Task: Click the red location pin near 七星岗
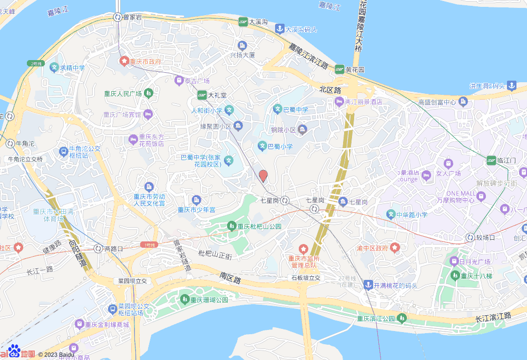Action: pyautogui.click(x=263, y=176)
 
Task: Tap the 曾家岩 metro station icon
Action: pyautogui.click(x=117, y=17)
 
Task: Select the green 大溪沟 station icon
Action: pyautogui.click(x=243, y=22)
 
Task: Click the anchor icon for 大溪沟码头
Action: pyautogui.click(x=280, y=30)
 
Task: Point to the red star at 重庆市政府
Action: pyautogui.click(x=124, y=61)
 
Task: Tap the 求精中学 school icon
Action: pyautogui.click(x=54, y=67)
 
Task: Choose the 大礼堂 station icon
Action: pyautogui.click(x=202, y=95)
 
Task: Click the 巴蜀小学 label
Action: pyautogui.click(x=281, y=146)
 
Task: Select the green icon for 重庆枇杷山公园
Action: pyautogui.click(x=231, y=226)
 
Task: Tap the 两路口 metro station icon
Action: pyautogui.click(x=98, y=248)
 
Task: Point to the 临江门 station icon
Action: pyautogui.click(x=491, y=160)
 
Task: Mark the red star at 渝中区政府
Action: pyautogui.click(x=395, y=248)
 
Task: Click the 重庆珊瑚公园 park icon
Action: pyautogui.click(x=184, y=299)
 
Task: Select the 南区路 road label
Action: pyautogui.click(x=230, y=278)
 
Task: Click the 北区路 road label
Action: pyautogui.click(x=330, y=90)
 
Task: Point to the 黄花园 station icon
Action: pyautogui.click(x=339, y=70)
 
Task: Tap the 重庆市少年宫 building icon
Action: pyautogui.click(x=197, y=200)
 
